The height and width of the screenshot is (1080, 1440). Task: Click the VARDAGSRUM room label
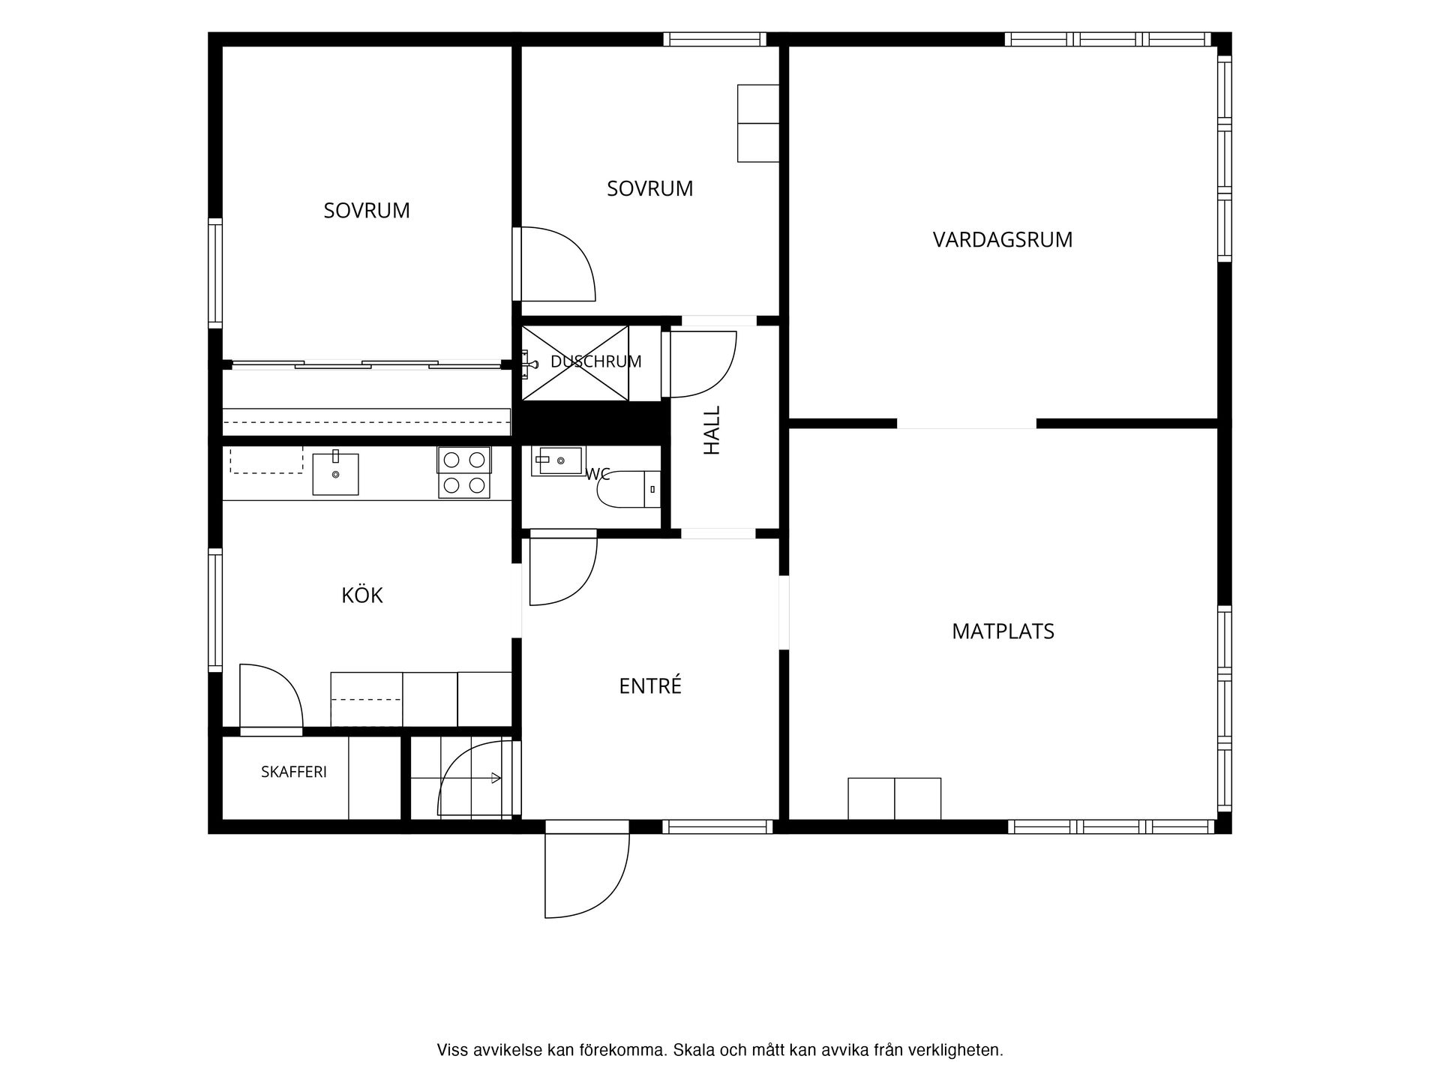coord(1003,240)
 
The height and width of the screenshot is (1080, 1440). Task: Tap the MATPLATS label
coord(1003,631)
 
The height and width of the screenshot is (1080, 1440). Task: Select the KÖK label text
coord(362,595)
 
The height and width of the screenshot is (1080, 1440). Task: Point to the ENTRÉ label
coord(650,685)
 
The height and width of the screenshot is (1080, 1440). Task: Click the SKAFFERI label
coord(294,772)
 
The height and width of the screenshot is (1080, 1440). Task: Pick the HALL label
coord(712,430)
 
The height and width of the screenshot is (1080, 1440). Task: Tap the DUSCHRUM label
coord(596,361)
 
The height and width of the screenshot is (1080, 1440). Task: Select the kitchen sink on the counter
coord(335,473)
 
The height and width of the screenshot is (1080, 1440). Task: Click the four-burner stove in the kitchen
coord(464,472)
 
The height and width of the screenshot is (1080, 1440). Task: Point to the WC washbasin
coord(557,460)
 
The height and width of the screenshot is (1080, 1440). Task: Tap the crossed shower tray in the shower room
coord(575,363)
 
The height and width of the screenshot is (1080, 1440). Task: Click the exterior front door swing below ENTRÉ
coord(586,875)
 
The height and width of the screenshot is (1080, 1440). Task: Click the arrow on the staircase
coord(496,778)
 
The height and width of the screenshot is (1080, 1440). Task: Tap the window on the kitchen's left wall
coord(215,609)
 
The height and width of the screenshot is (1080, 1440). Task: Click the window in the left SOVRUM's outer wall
coord(215,273)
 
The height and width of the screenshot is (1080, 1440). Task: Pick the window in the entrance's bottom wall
coord(717,826)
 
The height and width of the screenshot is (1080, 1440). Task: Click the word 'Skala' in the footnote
coord(694,1050)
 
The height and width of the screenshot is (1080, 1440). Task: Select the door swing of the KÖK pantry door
coord(271,696)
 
